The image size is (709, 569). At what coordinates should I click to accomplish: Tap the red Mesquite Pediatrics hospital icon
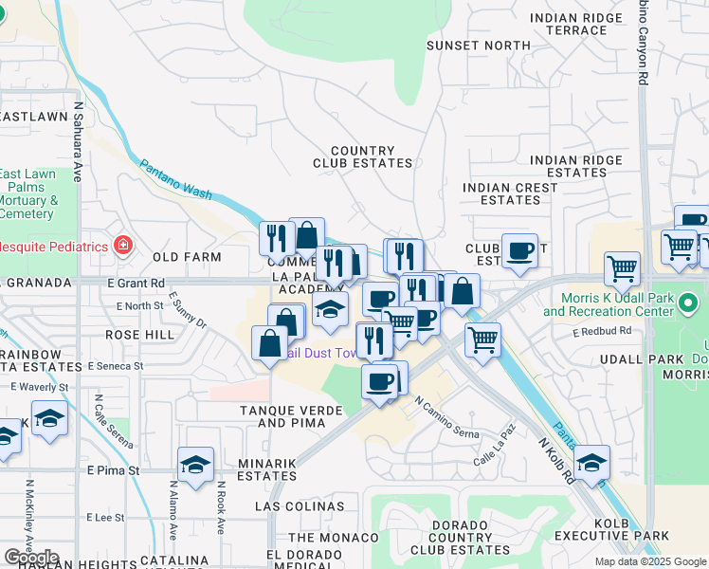(x=122, y=247)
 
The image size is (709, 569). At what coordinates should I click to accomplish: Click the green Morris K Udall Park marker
(x=689, y=304)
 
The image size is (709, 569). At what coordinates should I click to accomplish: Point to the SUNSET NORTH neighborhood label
(x=478, y=46)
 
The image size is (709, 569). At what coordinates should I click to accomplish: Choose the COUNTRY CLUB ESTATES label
(x=363, y=157)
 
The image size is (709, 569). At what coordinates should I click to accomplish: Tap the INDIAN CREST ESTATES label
(x=510, y=193)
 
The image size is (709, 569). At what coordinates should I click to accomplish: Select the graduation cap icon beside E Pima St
(x=195, y=465)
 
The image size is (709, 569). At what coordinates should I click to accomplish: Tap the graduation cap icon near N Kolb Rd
(x=592, y=462)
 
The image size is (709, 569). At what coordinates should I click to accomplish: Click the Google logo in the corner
(x=31, y=558)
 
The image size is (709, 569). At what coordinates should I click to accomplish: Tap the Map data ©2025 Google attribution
(x=649, y=561)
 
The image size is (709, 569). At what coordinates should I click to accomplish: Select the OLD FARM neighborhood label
(x=187, y=257)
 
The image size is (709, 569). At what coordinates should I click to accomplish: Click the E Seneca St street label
(x=116, y=365)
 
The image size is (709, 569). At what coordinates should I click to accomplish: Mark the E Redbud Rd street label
(x=601, y=333)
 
